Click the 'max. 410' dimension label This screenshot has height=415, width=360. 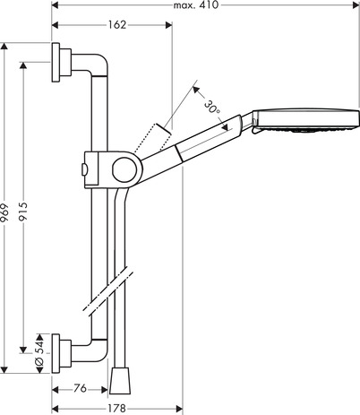196,5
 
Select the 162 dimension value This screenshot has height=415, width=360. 117,25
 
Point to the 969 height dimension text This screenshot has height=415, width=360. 4,212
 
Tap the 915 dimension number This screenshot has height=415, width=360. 23,212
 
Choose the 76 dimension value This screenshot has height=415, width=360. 80,388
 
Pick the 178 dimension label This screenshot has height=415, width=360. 116,409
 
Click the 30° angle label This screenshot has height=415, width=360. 212,108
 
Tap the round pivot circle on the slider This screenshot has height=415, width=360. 124,170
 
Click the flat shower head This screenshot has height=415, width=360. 305,122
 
